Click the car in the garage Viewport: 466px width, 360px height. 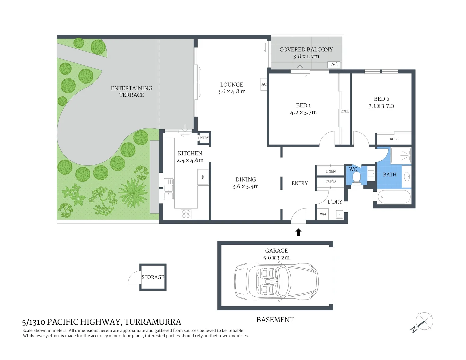[x=276, y=282]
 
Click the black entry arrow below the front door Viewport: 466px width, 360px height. [x=298, y=232]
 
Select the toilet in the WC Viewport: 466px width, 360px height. [x=356, y=178]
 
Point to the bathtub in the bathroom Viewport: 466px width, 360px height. [x=394, y=197]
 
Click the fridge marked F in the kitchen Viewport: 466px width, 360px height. [x=203, y=177]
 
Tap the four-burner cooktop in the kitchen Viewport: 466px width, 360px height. [x=186, y=214]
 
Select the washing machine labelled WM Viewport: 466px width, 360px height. [x=323, y=214]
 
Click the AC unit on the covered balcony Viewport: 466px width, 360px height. [x=334, y=65]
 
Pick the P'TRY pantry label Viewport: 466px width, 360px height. [x=204, y=138]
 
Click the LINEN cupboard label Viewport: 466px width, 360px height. [x=330, y=171]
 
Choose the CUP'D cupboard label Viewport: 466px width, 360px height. [x=330, y=181]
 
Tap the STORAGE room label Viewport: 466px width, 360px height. [x=153, y=277]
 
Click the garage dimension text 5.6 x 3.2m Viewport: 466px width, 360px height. [x=276, y=258]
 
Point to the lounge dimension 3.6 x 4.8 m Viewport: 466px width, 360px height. [x=232, y=92]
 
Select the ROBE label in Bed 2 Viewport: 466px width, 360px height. [x=394, y=139]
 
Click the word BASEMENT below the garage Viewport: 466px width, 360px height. [x=275, y=320]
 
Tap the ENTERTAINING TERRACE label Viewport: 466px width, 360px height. [x=132, y=92]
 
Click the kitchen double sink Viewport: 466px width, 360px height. [x=169, y=189]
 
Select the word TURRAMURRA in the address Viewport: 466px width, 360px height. [x=153, y=322]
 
